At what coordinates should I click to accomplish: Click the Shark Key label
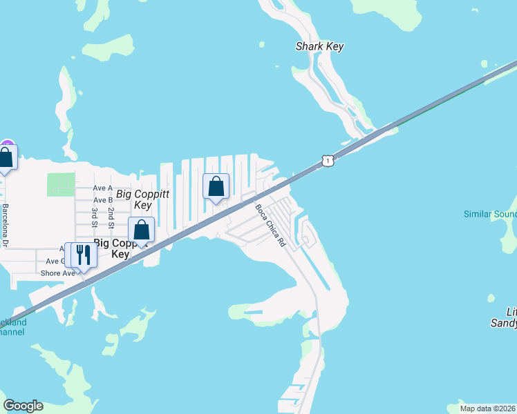[319, 47]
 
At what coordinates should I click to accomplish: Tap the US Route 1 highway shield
[328, 161]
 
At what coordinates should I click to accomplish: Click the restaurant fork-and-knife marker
[83, 255]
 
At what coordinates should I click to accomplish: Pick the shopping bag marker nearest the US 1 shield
[216, 186]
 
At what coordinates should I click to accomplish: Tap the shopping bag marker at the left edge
[6, 158]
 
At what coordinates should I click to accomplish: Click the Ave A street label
[103, 188]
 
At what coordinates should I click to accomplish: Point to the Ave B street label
[103, 200]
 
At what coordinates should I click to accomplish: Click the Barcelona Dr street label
[5, 224]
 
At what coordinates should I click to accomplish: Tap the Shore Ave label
[58, 273]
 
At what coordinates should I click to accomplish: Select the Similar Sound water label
[490, 214]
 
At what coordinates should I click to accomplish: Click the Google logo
[23, 406]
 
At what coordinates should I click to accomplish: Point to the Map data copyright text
[488, 408]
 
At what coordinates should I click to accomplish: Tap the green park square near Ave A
[61, 185]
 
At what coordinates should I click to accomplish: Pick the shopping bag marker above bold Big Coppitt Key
[141, 230]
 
